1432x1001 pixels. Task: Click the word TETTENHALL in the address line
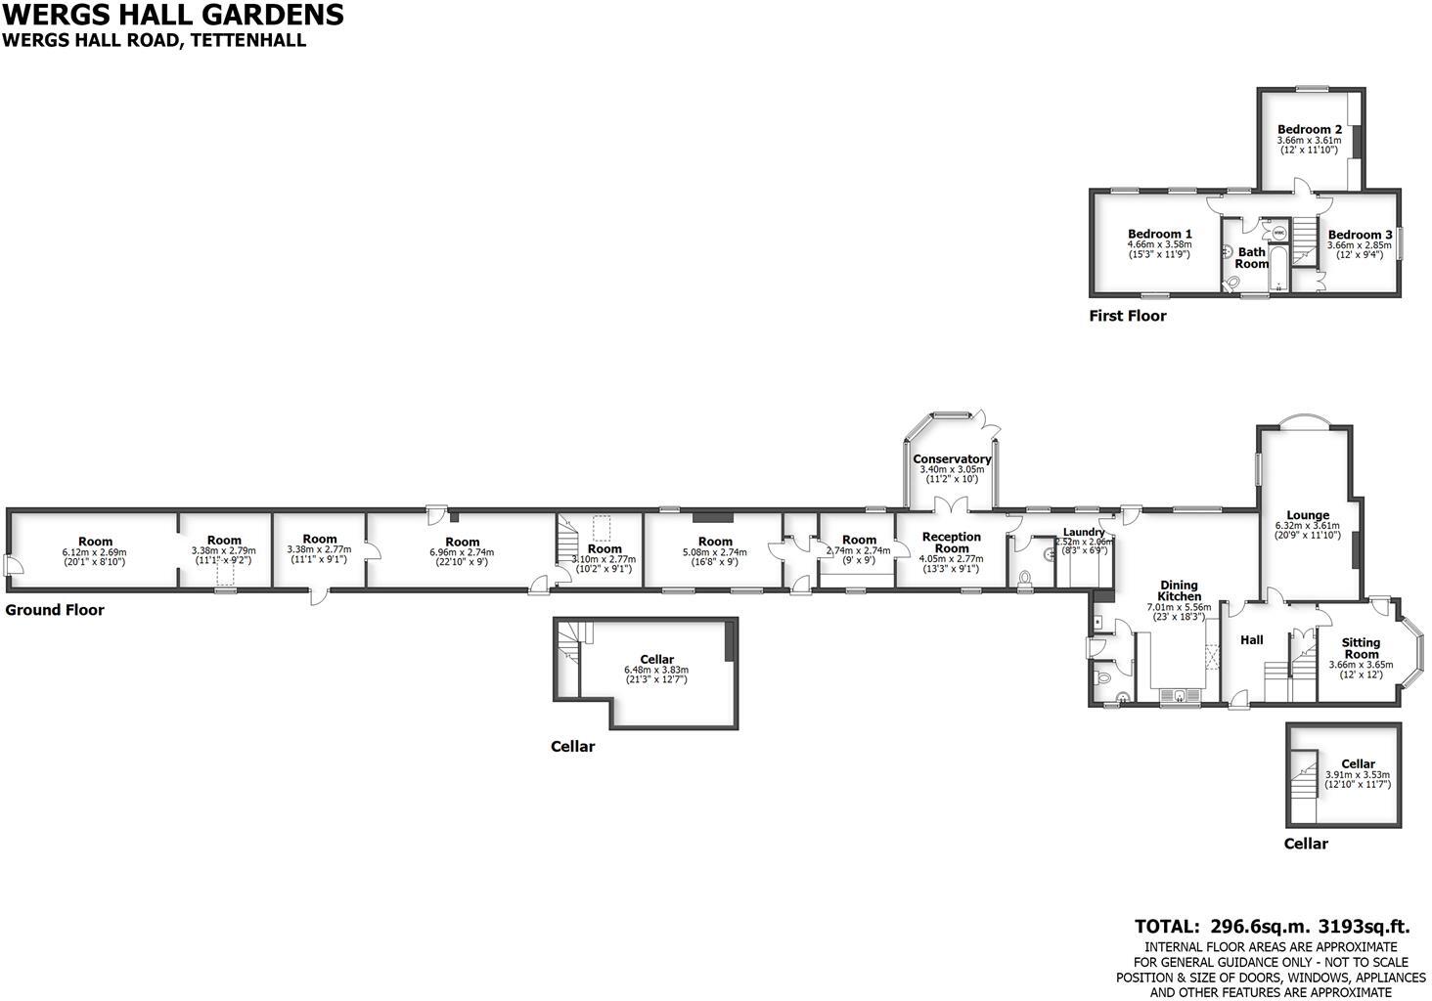tap(248, 40)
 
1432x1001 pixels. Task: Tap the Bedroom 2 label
tap(1309, 129)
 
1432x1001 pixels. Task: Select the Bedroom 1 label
tap(1159, 235)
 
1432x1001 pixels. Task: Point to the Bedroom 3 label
tap(1360, 235)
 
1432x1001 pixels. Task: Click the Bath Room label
tap(1252, 257)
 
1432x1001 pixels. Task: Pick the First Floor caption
tap(1128, 316)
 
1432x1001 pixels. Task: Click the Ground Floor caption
tap(55, 610)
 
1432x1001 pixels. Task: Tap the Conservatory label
tap(952, 458)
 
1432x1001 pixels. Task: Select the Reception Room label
tap(952, 542)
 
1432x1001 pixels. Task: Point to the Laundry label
tap(1083, 532)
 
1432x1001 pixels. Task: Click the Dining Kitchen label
tap(1179, 590)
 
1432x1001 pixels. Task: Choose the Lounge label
tap(1308, 515)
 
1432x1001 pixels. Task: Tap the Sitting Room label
tap(1361, 648)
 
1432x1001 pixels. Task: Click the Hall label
tap(1251, 640)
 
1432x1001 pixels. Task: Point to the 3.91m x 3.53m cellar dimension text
tap(1358, 774)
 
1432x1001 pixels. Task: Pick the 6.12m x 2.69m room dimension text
tap(95, 552)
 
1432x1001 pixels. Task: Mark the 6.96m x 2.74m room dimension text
tap(462, 552)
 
